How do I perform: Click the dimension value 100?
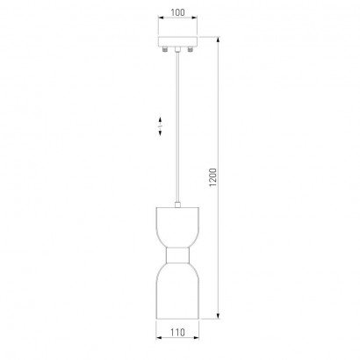click(177, 12)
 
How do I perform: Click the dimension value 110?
click(177, 333)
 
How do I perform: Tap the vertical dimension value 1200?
click(212, 177)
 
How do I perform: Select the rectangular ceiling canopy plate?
click(177, 41)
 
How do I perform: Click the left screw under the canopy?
click(165, 49)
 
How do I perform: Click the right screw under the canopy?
click(191, 49)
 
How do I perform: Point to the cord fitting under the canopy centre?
click(177, 49)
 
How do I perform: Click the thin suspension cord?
click(177, 127)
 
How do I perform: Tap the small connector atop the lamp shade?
click(177, 205)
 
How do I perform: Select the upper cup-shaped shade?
click(177, 227)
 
